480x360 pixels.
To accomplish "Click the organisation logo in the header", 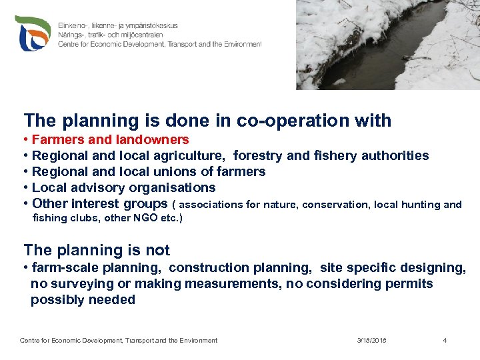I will click(34, 33).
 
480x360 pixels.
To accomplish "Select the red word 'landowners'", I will click(153, 140).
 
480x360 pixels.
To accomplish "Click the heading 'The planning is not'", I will click(97, 251).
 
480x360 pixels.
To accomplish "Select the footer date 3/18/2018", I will click(371, 341).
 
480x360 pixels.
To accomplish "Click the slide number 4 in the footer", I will click(445, 341).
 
